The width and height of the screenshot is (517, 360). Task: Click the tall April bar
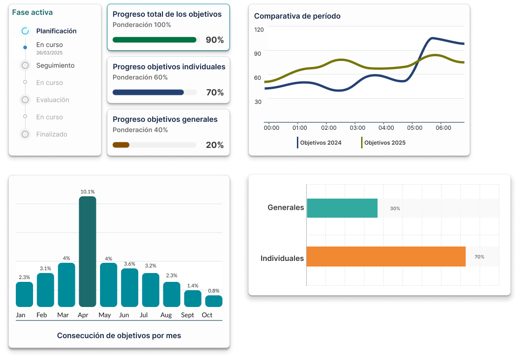pos(87,252)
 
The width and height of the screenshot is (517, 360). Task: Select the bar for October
pos(214,301)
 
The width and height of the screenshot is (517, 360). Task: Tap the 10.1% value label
pos(87,192)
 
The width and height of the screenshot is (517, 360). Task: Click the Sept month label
pos(187,315)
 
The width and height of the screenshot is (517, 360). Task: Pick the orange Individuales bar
pos(386,256)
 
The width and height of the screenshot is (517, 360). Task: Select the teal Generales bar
pos(342,208)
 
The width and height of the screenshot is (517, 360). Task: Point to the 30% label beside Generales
pos(395,208)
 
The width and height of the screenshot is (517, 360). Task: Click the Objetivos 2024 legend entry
pos(319,143)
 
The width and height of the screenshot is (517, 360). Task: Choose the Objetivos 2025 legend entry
pos(383,143)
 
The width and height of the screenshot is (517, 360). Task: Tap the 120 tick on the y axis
pos(259,30)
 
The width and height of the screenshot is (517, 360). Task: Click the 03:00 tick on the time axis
pos(357,128)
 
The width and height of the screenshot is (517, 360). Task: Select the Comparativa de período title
pos(297,16)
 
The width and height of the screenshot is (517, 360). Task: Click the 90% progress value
pos(215,40)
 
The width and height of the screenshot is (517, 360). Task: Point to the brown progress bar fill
pos(121,145)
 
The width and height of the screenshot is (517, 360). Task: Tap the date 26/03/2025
pos(49,53)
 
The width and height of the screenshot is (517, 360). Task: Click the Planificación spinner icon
pos(25,31)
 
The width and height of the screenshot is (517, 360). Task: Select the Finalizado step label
pos(52,134)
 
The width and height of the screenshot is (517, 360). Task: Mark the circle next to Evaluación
pos(25,100)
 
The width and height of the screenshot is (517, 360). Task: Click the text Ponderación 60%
pos(140,77)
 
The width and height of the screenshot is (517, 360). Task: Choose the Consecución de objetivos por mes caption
pos(119,336)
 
